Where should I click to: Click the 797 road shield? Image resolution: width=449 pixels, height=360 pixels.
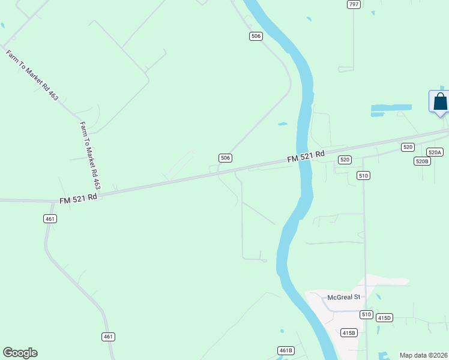[x=354, y=4]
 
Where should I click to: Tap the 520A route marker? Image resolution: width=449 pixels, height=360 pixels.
[x=435, y=152]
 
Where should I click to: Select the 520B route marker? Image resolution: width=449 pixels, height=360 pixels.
[x=422, y=161]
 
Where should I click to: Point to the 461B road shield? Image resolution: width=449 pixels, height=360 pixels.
[x=286, y=350]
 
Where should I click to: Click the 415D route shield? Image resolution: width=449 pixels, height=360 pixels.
[x=384, y=317]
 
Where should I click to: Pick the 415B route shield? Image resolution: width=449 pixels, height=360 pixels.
[x=348, y=332]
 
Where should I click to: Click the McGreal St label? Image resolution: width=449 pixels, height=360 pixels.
[x=343, y=297]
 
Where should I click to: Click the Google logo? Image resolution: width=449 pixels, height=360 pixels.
[x=20, y=353]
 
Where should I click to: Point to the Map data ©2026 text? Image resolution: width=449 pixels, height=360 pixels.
[x=423, y=355]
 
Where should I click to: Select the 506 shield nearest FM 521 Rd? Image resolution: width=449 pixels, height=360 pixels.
[x=225, y=158]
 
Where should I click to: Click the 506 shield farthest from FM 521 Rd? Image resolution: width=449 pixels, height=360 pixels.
[x=256, y=37]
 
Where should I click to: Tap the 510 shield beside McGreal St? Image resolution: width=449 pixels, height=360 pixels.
[x=366, y=314]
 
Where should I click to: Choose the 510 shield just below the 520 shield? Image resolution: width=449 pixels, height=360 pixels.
[x=363, y=175]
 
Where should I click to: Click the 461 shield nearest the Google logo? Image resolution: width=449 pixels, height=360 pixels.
[x=108, y=337]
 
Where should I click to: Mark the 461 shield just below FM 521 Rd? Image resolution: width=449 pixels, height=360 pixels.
[x=50, y=219]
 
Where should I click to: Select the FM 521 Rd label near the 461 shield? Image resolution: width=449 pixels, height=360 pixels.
[x=78, y=198]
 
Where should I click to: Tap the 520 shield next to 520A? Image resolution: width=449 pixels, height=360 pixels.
[x=408, y=147]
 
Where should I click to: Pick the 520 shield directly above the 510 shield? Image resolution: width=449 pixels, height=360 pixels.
[x=345, y=160]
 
